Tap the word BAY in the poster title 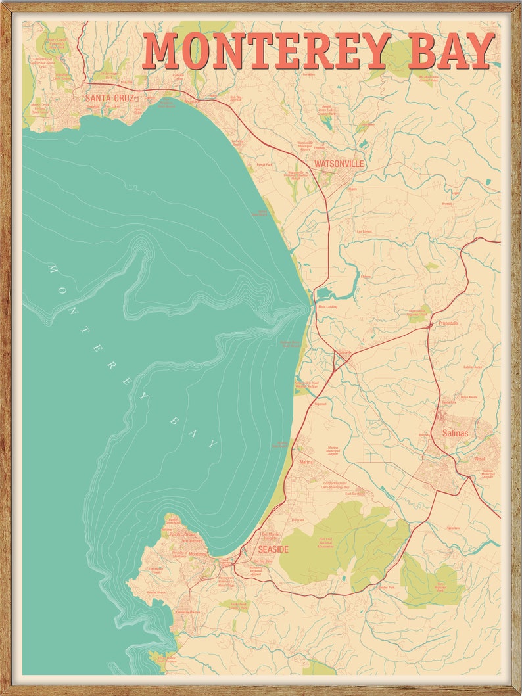tap(451, 51)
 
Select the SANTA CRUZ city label tap(109, 99)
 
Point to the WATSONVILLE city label tap(339, 163)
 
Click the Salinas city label tap(455, 433)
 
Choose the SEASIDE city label tap(273, 549)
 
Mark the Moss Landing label tap(327, 307)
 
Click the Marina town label tap(306, 462)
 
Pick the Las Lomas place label tap(364, 231)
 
